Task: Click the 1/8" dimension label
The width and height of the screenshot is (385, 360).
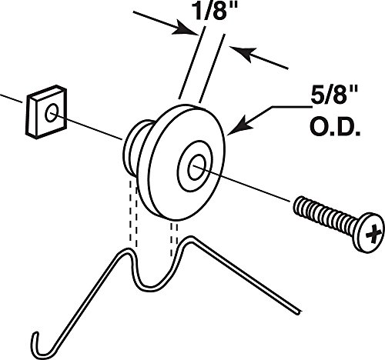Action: coord(216,11)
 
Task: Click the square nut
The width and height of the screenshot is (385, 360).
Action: coord(46,112)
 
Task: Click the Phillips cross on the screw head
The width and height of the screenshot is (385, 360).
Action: coord(373,234)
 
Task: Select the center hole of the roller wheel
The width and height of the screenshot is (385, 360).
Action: coord(196,168)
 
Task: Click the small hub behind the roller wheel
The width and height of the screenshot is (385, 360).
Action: coord(136,146)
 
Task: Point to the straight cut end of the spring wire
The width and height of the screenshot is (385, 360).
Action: coord(298,312)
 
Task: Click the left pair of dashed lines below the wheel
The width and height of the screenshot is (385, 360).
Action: coord(133,213)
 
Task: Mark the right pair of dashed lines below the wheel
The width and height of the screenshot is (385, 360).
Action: coord(174,239)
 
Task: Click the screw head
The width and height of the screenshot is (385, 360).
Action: coord(369,232)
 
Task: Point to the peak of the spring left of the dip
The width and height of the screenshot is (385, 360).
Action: coord(126,251)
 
